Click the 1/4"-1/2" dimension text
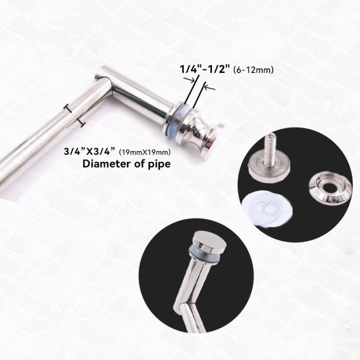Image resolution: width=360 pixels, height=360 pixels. click(205, 69)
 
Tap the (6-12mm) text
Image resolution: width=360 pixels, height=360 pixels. click(253, 69)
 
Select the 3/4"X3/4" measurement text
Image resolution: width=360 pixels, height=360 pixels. click(89, 151)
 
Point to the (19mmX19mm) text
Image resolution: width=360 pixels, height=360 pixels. click(145, 152)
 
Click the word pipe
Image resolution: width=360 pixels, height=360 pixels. click(159, 165)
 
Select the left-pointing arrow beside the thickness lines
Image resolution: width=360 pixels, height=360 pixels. click(210, 88)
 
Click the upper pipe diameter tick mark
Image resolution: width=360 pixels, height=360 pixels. click(68, 108)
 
